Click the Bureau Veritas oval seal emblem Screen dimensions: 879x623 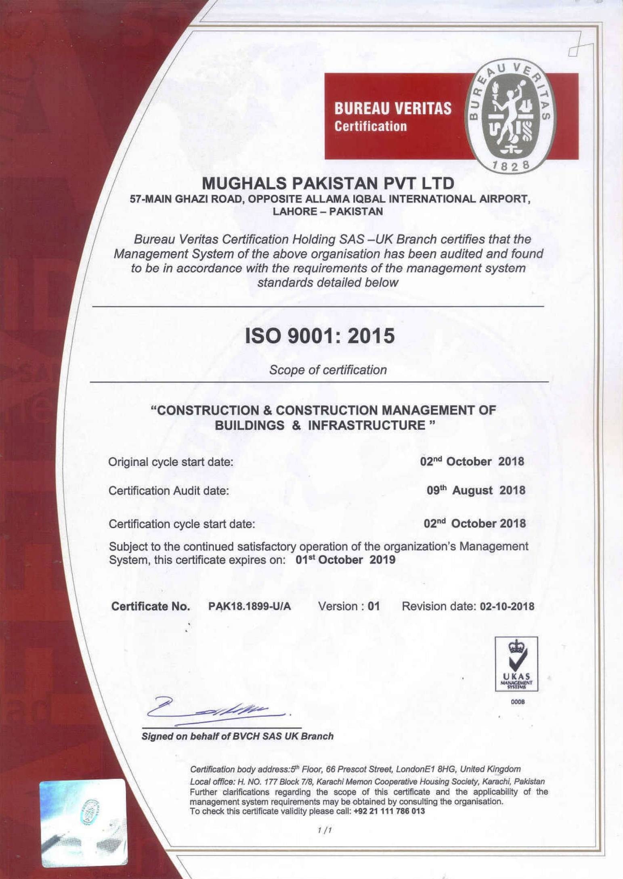pos(511,117)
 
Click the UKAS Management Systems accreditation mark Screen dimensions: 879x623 pos(516,664)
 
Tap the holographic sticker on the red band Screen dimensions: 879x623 pos(84,823)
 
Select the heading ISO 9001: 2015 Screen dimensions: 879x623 pos(320,336)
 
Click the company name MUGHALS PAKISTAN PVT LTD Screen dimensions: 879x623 pos(328,184)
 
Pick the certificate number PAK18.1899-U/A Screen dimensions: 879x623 pos(250,606)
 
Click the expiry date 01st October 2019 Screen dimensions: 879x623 pos(346,560)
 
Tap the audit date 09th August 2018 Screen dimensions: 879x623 pos(476,490)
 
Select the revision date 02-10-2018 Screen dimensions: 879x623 pos(507,606)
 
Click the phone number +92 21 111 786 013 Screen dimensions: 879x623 pos(389,811)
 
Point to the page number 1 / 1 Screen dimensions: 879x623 pos(324,830)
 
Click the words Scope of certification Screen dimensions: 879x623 pos(328,370)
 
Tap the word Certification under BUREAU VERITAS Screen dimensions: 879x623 pos(370,126)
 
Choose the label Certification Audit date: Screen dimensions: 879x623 pos(169,491)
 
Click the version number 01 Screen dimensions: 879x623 pos(374,606)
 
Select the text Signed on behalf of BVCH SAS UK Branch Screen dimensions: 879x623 pos(237,736)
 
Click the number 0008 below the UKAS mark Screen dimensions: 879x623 pos(518,702)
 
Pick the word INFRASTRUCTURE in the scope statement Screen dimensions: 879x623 pos(367,425)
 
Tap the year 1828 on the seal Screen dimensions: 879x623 pos(511,165)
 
